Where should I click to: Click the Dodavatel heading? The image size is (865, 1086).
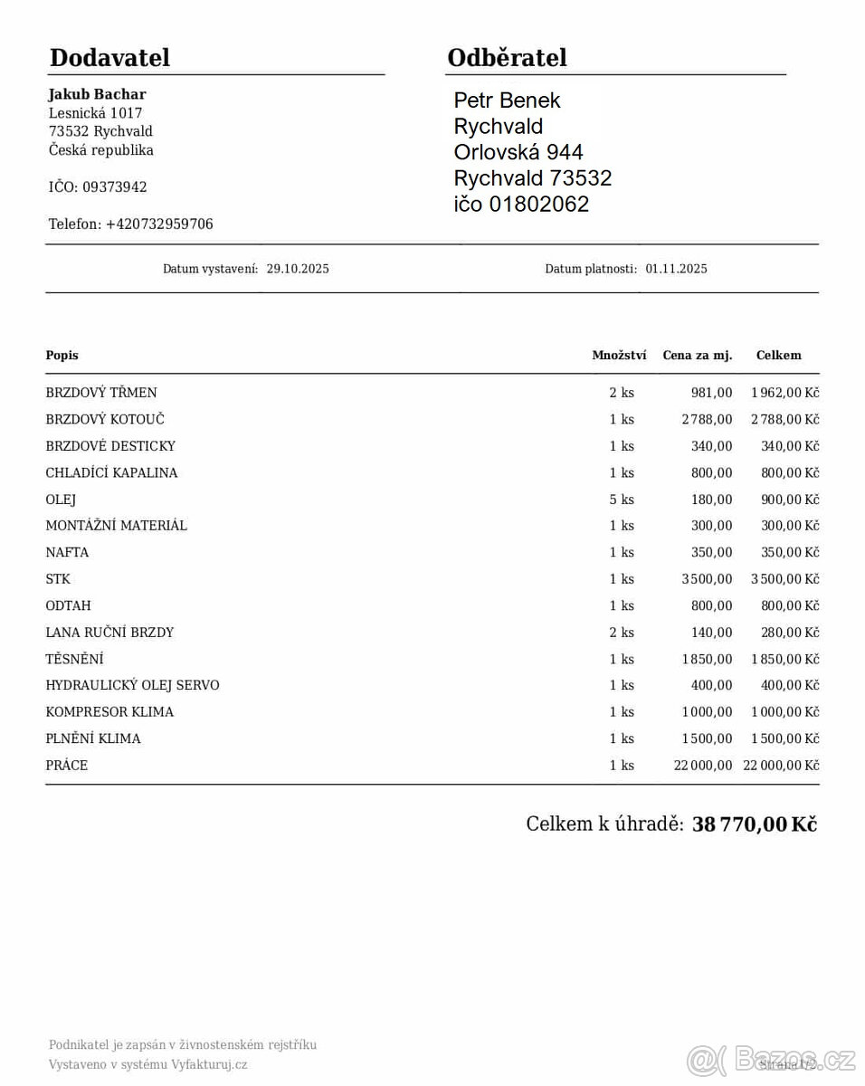click(109, 58)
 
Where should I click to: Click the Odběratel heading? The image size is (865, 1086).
click(507, 58)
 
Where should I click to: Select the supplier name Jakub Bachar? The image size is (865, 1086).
click(97, 94)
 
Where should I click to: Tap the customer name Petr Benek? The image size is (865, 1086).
click(507, 100)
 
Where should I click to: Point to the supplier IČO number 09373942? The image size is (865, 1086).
click(114, 187)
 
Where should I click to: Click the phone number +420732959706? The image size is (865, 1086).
click(159, 224)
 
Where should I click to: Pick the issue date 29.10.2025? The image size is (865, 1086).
click(298, 269)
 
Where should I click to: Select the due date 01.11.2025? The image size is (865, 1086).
click(676, 269)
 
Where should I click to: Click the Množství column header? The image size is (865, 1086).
click(619, 356)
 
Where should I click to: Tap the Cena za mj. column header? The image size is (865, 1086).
click(697, 356)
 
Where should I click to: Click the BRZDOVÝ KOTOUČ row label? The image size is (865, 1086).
click(105, 419)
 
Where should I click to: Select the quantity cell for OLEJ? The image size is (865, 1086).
click(622, 500)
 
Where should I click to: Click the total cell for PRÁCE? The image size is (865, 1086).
click(780, 766)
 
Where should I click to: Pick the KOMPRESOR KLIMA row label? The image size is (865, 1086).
click(109, 712)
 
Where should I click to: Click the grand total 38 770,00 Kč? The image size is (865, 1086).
click(754, 824)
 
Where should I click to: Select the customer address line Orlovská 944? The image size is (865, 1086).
click(518, 152)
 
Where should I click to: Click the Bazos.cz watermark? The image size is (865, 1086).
click(769, 1059)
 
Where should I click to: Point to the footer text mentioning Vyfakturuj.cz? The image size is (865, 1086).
click(147, 1065)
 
